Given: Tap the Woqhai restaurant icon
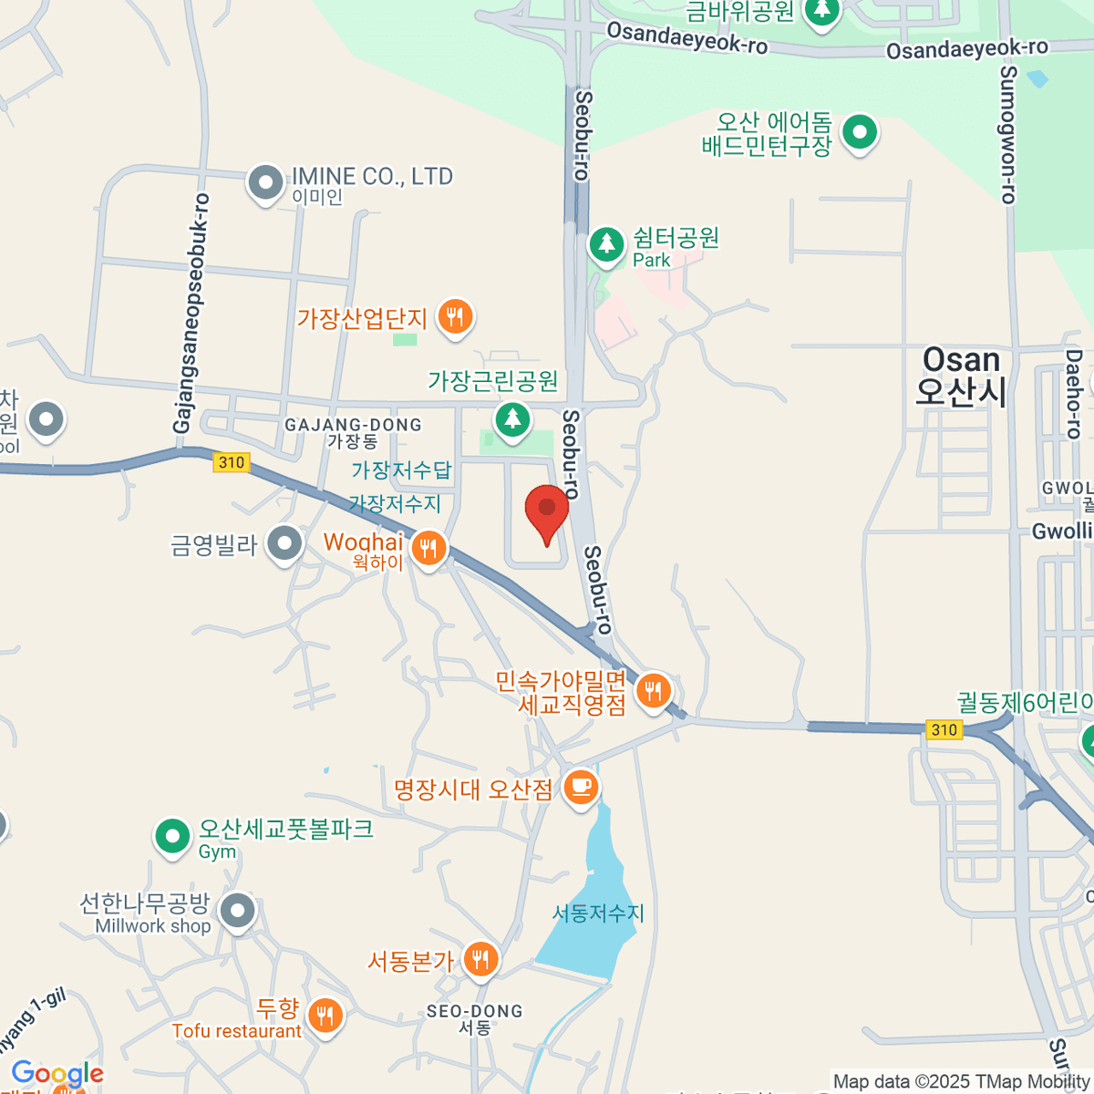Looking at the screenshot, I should tap(428, 548).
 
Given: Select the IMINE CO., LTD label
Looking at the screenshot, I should tap(371, 176).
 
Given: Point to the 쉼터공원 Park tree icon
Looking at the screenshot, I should tap(606, 244).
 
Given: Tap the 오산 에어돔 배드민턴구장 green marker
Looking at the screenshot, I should tap(859, 132).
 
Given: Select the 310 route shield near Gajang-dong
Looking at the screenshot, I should tap(232, 462).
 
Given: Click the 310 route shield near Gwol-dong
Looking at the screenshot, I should tap(944, 729).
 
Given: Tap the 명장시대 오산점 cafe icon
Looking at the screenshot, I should tap(581, 786).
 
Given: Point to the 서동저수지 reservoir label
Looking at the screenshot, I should tap(598, 913).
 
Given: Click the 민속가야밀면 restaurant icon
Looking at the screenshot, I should tap(653, 690).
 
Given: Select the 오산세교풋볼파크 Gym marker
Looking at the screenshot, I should tap(171, 835).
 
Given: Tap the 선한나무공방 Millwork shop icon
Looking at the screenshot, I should tap(238, 910).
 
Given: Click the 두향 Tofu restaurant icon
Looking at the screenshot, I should tap(325, 1014).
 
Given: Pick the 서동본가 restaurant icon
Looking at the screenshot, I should tap(480, 959).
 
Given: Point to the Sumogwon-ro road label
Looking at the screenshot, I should tap(1007, 134).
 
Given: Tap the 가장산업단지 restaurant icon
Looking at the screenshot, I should tap(454, 317).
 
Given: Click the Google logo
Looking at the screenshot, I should tap(57, 1074).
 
